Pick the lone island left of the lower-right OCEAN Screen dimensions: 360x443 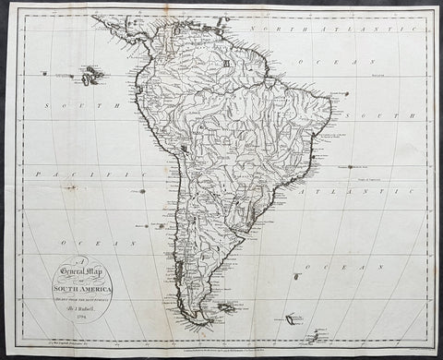click(x=294, y=275)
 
